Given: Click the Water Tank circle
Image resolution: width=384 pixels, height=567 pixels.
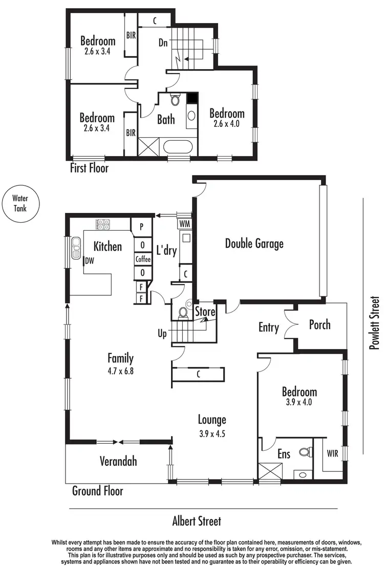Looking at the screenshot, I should point(19,204).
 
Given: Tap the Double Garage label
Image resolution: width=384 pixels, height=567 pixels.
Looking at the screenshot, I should point(254,243).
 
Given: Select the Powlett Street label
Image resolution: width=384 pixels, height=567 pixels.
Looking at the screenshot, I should point(375,323).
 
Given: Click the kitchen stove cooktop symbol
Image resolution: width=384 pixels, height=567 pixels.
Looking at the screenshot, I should point(102,224).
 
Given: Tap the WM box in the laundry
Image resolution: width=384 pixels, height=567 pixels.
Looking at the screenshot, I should point(184,224).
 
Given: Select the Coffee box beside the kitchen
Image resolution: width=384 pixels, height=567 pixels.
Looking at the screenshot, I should point(143,259).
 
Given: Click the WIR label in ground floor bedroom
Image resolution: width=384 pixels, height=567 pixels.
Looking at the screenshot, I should point(332,453).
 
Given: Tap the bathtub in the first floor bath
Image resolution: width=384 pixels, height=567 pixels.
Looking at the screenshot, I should point(178,148).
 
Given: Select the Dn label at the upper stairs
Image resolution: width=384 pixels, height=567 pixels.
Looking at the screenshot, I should point(163,43).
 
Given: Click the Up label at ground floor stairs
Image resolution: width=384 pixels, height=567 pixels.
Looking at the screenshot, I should point(162,334).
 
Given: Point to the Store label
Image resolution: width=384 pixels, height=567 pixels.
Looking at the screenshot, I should point(205,312).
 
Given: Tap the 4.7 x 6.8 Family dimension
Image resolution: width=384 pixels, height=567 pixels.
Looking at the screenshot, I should point(120,370).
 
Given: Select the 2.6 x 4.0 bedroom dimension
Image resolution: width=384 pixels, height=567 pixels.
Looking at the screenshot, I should point(226,124).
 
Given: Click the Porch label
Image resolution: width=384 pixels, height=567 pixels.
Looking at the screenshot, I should point(319,325).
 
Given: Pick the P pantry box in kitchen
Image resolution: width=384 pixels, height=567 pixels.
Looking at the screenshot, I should point(141,225).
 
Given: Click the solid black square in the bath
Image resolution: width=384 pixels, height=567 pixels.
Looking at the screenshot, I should point(192,98).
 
